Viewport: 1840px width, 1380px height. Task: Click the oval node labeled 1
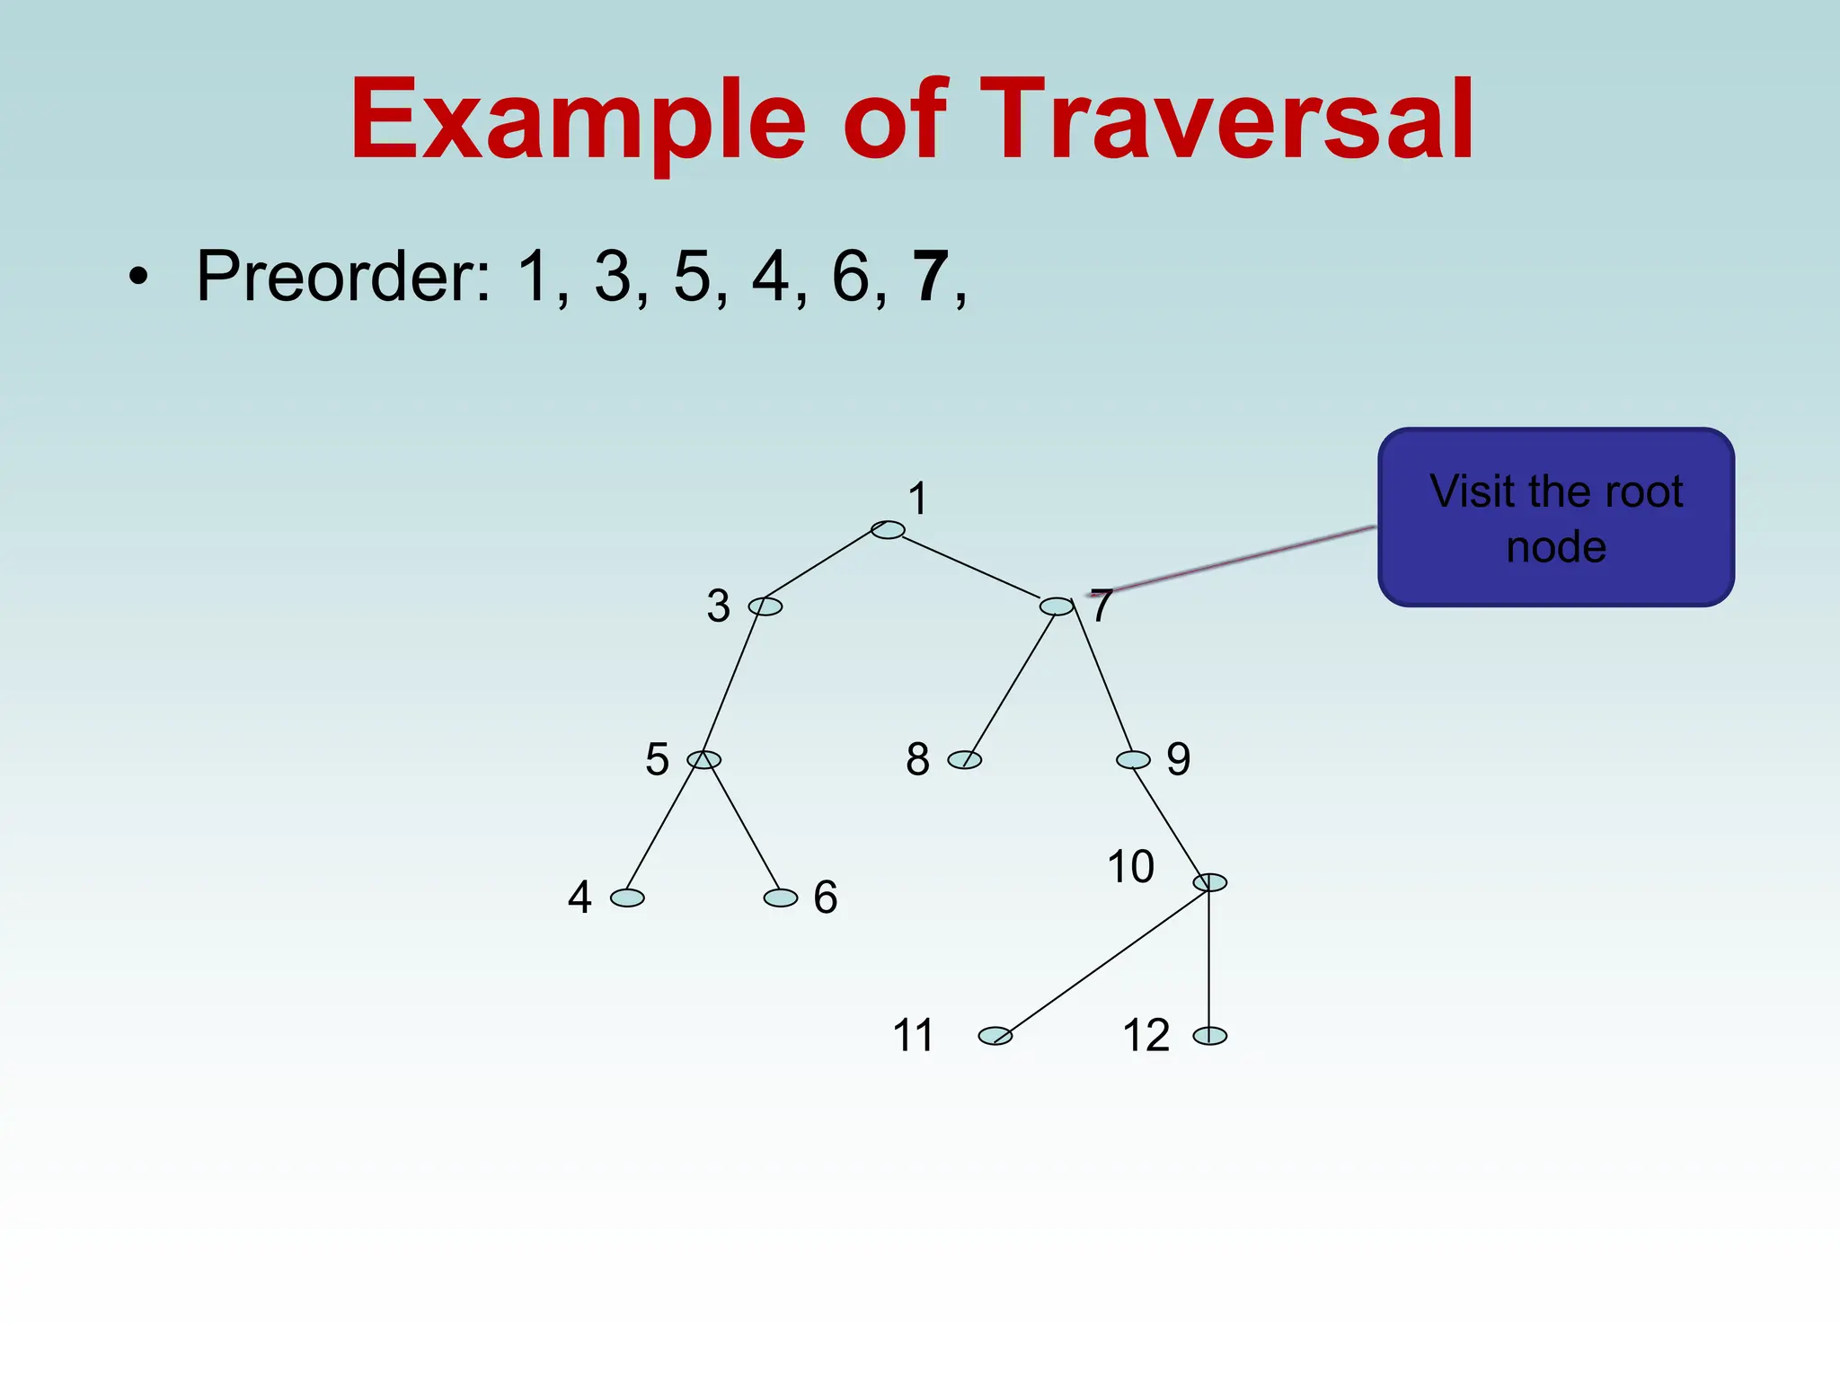coord(888,530)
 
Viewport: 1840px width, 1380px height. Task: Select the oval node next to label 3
coord(765,606)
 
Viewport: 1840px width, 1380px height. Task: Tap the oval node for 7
coord(1057,606)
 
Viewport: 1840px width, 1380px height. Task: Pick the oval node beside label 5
coord(703,760)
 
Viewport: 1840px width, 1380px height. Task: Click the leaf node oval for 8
coord(965,760)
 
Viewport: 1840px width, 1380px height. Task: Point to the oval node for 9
coord(1133,760)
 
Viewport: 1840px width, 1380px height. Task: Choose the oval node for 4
coord(627,898)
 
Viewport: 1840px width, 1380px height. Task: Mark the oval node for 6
coord(781,898)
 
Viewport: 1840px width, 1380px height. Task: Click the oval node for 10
coord(1210,882)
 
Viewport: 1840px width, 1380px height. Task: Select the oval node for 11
coord(995,1036)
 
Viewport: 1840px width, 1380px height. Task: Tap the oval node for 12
coord(1210,1036)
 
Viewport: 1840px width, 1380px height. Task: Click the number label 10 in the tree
coord(1130,867)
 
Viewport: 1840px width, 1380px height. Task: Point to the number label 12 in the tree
coord(1146,1035)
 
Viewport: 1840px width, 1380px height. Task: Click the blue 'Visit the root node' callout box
coord(1556,517)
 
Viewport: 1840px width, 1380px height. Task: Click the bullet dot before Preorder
coord(137,278)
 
